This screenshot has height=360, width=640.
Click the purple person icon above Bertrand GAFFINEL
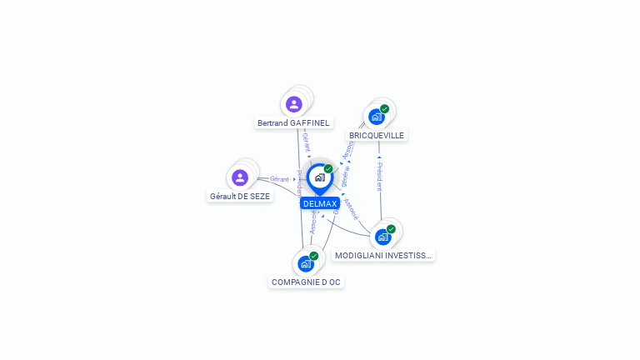[293, 104]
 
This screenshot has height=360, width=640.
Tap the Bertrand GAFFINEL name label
[293, 123]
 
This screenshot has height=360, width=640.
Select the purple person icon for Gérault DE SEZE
[240, 177]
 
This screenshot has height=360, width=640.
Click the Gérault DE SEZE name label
[240, 197]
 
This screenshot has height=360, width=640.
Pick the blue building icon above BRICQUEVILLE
[376, 117]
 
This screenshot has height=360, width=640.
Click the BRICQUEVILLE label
[377, 136]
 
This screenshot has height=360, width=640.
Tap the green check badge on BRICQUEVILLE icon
[384, 109]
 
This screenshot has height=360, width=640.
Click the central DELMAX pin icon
[319, 177]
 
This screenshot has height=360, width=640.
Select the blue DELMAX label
[320, 203]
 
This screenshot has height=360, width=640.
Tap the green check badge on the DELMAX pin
[328, 169]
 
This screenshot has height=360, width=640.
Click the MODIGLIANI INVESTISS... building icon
[382, 237]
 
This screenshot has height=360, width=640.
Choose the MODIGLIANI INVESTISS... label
[383, 256]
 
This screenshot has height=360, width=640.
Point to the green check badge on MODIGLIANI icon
[391, 229]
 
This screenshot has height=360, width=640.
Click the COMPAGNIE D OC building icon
[305, 263]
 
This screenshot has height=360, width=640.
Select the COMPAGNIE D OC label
[306, 282]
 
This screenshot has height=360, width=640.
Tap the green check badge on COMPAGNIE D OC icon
[314, 256]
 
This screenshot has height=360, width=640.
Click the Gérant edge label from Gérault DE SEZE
[279, 179]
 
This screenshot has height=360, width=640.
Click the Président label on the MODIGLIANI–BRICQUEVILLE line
[380, 176]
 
